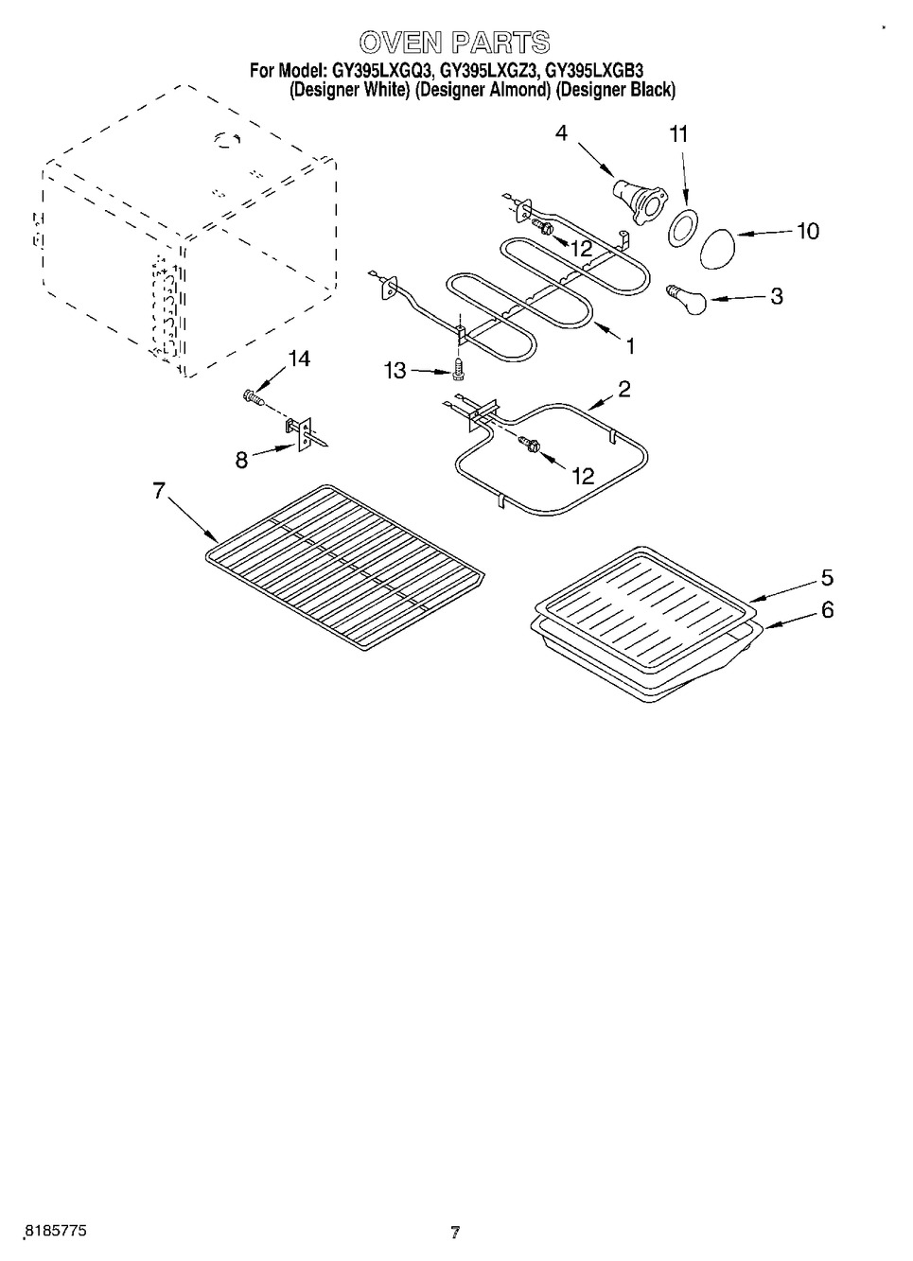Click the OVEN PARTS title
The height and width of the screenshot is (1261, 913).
pyautogui.click(x=454, y=43)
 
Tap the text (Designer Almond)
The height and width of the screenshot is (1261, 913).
pyautogui.click(x=483, y=91)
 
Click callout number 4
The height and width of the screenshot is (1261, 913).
pyautogui.click(x=561, y=133)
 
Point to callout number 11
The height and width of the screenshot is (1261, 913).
pyautogui.click(x=678, y=134)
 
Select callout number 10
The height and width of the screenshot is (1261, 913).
pyautogui.click(x=807, y=231)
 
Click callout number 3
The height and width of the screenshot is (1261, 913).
pyautogui.click(x=776, y=296)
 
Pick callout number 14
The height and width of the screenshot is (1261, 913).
pyautogui.click(x=299, y=359)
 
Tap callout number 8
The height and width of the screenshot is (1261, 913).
pyautogui.click(x=242, y=460)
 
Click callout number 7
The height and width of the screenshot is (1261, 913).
pyautogui.click(x=158, y=490)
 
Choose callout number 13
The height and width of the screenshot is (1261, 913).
pyautogui.click(x=395, y=371)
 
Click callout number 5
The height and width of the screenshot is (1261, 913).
pyautogui.click(x=827, y=577)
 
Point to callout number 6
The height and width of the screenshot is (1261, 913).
pyautogui.click(x=827, y=610)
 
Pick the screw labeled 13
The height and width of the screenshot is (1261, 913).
pyautogui.click(x=458, y=367)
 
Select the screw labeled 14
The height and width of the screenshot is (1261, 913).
pyautogui.click(x=253, y=396)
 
